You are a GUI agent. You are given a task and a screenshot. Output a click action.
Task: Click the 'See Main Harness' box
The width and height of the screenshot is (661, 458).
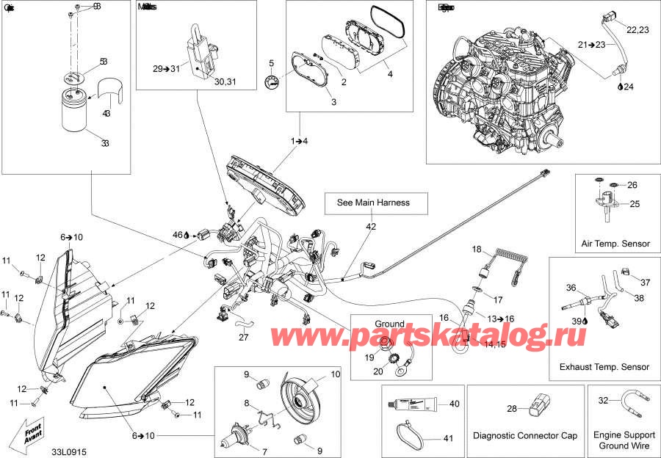click(x=372, y=203)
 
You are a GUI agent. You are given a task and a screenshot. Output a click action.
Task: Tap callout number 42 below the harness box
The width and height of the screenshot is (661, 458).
click(x=372, y=227)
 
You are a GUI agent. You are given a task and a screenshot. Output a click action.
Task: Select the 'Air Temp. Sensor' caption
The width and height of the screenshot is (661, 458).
click(x=615, y=244)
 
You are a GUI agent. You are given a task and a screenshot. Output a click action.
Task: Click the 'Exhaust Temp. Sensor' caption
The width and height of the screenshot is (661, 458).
click(x=604, y=366)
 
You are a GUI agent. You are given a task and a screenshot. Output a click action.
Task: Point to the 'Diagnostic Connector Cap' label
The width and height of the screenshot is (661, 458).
click(x=525, y=436)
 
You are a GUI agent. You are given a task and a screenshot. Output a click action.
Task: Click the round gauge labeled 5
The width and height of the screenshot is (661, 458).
click(x=273, y=81)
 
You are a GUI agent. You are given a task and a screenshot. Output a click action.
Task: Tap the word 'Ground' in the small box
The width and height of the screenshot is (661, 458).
click(x=389, y=324)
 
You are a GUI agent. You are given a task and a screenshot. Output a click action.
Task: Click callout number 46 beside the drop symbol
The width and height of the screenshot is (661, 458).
click(x=176, y=235)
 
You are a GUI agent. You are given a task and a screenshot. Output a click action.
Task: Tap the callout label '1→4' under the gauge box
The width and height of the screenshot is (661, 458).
click(x=299, y=139)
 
